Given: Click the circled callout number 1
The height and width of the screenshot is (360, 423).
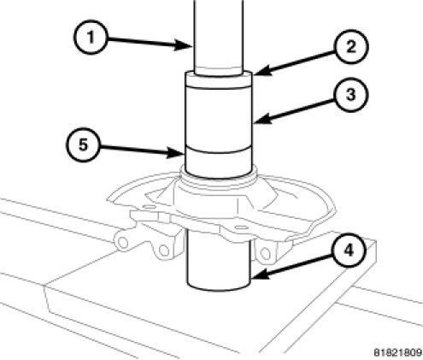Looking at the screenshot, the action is pos(91,37).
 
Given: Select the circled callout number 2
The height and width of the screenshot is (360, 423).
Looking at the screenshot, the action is pos(351,46).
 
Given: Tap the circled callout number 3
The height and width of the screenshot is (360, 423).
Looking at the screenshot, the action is pos(351,94).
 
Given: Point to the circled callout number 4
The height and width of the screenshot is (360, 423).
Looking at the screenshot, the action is pos(349,251).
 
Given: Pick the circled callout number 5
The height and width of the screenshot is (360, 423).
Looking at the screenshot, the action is pos(83,145).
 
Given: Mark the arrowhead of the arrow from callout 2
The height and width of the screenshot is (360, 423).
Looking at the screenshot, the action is pos(262,71).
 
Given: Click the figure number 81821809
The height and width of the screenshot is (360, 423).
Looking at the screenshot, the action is pos(397,352).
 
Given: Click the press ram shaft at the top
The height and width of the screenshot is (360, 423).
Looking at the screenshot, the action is pos(219,37).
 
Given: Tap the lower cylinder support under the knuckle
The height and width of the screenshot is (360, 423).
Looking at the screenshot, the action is pos(219,263).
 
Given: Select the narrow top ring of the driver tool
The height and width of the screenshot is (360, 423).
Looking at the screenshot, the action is pos(219,81).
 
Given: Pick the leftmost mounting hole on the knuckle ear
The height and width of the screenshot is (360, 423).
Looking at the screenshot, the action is pos(123,243).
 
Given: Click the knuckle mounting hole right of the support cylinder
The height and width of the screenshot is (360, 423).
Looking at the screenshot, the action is pos(266,253).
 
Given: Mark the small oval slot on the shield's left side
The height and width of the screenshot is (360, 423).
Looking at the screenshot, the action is pos(149,206).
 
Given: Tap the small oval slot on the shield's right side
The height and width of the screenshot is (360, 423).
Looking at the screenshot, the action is pos(242,227).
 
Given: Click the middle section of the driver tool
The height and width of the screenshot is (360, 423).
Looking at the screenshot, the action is pos(219,118).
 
